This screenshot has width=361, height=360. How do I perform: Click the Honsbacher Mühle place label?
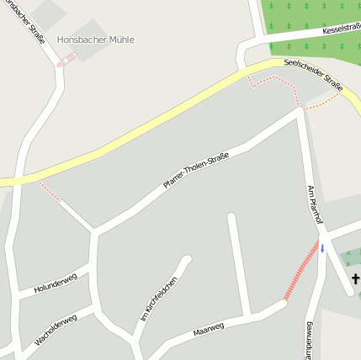[95, 40]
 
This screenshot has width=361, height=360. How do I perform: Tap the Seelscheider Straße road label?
[313, 75]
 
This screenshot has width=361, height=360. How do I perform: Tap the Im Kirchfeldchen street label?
[159, 299]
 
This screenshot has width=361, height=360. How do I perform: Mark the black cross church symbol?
[355, 278]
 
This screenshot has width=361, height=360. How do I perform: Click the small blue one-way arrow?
[321, 249]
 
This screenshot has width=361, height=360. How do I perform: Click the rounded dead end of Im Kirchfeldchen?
[187, 260]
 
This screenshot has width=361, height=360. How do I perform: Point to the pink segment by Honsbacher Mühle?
[66, 60]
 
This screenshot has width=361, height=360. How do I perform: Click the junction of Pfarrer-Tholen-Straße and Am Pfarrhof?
[300, 109]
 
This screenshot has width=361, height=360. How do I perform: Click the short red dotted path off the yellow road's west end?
[49, 193]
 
